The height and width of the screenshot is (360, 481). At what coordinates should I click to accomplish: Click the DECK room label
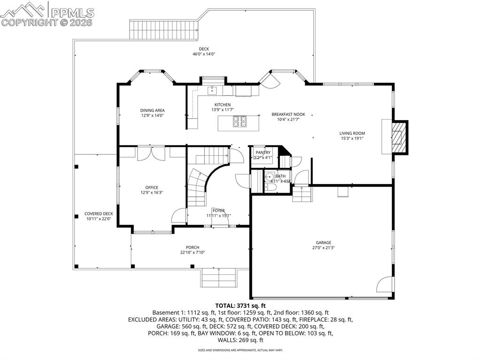[203, 49]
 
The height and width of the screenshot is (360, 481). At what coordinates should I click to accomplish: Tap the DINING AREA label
[152, 110]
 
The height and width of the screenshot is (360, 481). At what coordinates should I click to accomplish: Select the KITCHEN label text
[222, 105]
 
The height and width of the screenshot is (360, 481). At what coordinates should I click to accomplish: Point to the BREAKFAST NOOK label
[288, 114]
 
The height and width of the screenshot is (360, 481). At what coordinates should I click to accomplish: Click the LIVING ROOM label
[352, 133]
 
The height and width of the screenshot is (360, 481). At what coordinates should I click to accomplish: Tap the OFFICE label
[152, 187]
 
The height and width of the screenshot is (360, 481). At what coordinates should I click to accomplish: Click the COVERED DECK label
[99, 214]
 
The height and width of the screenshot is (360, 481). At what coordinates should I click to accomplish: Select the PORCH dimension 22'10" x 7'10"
[193, 253]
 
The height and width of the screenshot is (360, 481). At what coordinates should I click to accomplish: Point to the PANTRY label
[263, 153]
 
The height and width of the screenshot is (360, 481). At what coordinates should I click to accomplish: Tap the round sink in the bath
[270, 177]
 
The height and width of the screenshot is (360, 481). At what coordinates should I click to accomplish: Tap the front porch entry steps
[219, 278]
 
